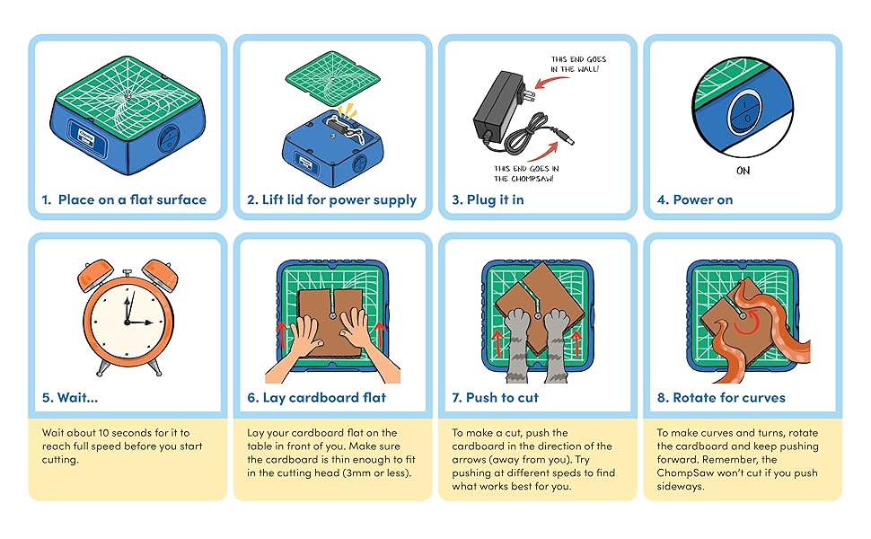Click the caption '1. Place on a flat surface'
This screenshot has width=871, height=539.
coord(123,199)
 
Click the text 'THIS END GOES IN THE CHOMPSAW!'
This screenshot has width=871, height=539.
coord(527,172)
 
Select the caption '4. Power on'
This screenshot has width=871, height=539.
coord(694,199)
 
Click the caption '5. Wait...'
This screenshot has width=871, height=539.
coord(70,397)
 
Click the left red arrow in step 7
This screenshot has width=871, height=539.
coord(496,342)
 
